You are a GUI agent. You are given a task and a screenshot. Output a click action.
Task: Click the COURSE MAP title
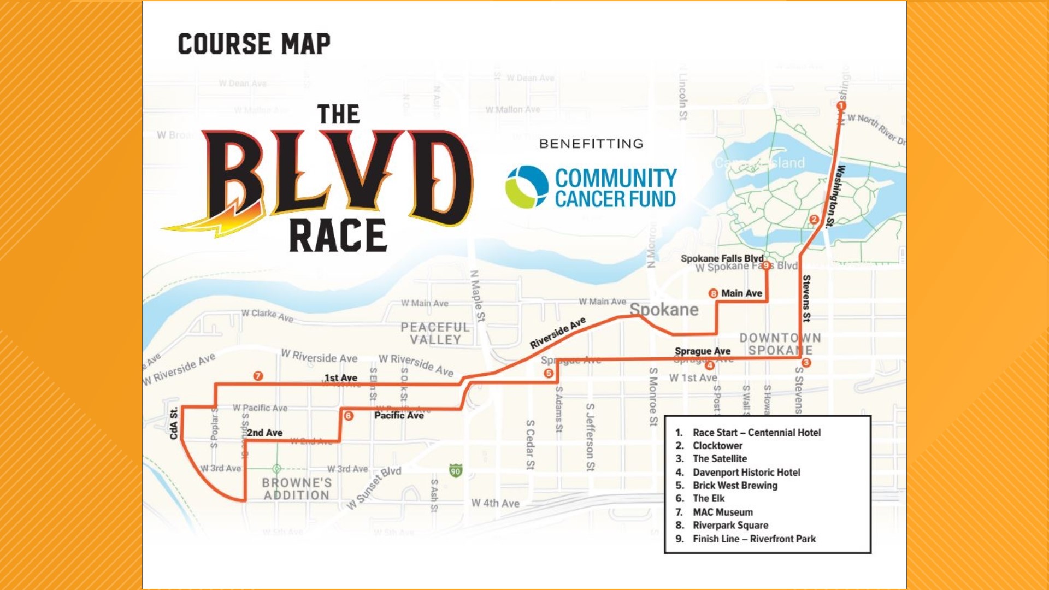[254, 44]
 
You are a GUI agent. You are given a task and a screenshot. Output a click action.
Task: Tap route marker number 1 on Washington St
[841, 105]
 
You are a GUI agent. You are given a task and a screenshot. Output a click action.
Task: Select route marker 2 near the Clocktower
[814, 220]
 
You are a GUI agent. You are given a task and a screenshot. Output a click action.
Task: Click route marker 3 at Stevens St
[806, 363]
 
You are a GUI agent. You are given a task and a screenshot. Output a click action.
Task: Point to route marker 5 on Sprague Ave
[549, 373]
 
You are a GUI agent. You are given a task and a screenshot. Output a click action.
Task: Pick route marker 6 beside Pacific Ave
[349, 416]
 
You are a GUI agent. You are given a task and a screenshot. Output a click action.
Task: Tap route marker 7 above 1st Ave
[258, 376]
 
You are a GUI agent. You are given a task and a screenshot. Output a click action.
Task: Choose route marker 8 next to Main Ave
[713, 293]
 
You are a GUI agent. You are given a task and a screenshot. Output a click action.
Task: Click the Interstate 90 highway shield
[456, 470]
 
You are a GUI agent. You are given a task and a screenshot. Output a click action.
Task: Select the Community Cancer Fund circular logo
[527, 187]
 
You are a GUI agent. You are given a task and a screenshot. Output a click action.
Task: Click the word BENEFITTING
[591, 144]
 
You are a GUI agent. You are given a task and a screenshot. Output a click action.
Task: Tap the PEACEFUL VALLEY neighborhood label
[435, 333]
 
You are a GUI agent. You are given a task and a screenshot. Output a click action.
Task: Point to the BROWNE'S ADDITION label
[297, 489]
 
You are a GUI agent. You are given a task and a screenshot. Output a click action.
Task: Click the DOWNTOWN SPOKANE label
[780, 344]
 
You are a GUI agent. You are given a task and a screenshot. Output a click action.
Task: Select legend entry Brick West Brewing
[734, 485]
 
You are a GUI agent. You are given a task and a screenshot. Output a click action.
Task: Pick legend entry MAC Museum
[722, 512]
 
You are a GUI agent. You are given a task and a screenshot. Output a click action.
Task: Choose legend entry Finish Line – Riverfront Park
[753, 539]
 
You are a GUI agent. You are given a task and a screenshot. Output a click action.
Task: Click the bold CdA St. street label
[174, 423]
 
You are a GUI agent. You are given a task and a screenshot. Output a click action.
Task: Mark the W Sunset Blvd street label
[374, 488]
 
